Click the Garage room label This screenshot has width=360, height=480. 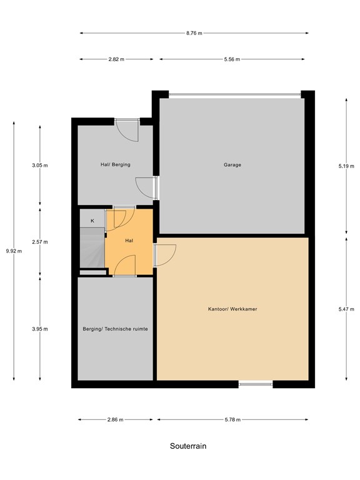[x=232, y=165]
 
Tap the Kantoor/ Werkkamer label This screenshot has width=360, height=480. [x=233, y=309]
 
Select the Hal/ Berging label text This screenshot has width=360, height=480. [x=115, y=164]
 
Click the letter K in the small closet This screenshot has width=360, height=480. [x=92, y=221]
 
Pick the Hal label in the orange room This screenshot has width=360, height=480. [x=129, y=240]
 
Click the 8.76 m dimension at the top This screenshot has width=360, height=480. [x=194, y=33]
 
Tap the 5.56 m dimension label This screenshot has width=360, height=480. [x=232, y=59]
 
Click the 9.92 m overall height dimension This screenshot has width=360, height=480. [x=13, y=251]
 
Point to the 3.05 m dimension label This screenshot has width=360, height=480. [x=40, y=166]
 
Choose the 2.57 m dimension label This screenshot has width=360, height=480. [x=40, y=242]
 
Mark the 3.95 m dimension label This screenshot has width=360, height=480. [x=40, y=329]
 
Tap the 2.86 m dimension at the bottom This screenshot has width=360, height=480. [x=115, y=419]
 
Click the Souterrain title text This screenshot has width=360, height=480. [x=187, y=446]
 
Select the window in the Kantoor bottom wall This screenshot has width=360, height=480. [x=255, y=384]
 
